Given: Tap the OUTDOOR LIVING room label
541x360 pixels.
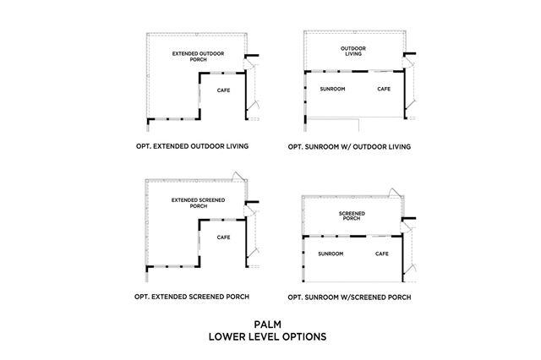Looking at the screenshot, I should (353, 52).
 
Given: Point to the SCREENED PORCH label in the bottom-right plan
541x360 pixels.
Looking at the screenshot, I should (351, 215).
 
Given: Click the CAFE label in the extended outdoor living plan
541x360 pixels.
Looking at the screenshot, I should (223, 90).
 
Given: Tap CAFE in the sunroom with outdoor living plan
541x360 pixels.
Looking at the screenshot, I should (383, 89).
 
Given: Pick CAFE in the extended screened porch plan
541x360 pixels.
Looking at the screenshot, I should (223, 237).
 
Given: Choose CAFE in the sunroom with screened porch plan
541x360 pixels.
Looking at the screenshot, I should (382, 254).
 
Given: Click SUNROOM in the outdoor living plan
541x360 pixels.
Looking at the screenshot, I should (331, 89).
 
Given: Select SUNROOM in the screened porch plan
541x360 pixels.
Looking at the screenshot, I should (330, 254).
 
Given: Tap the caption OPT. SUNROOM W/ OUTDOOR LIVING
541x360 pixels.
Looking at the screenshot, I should (349, 146).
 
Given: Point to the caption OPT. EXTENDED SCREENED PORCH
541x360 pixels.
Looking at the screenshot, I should (192, 297).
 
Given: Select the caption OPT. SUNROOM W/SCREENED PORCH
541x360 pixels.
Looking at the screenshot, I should (349, 297).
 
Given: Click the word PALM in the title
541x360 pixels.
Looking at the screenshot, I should (267, 324).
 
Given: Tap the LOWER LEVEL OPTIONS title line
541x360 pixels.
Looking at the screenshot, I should (267, 336).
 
